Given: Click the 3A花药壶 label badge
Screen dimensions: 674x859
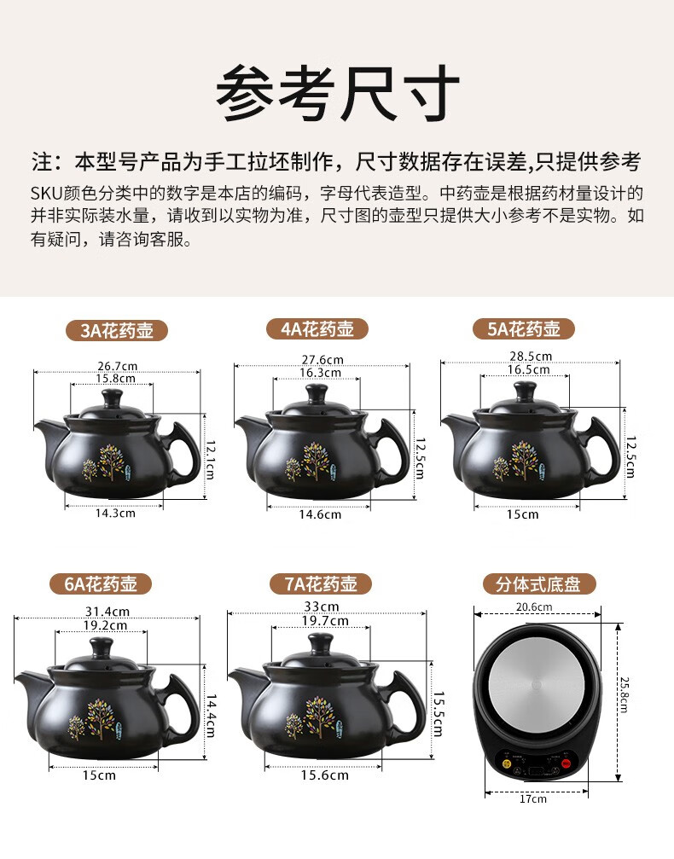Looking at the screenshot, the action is (x=117, y=330).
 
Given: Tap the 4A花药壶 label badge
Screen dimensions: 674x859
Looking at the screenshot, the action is (x=317, y=328).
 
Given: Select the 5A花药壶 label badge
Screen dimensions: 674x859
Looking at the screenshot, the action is (x=523, y=328).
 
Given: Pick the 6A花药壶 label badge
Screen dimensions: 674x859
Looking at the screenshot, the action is (x=101, y=584).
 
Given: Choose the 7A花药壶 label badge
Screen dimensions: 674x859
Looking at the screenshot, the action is (x=321, y=584).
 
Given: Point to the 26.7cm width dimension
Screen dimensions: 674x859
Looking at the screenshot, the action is (x=117, y=366).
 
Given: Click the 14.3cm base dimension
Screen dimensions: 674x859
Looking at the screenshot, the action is (x=115, y=514).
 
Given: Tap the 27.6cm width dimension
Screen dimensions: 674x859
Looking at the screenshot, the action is (x=322, y=360).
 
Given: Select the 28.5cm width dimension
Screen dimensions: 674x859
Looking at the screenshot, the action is (x=531, y=356).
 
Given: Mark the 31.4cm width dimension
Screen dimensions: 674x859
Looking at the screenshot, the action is (x=107, y=612).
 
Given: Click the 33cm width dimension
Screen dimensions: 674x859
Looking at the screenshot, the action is (x=321, y=607).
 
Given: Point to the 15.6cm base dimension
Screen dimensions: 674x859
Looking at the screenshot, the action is (x=324, y=775).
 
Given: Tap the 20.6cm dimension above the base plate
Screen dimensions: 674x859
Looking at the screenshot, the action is (x=534, y=607).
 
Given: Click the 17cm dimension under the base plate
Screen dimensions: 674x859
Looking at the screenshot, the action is (x=532, y=798).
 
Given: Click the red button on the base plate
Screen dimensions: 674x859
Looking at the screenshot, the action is (x=566, y=763).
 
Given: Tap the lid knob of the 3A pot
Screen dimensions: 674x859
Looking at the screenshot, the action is (x=113, y=398).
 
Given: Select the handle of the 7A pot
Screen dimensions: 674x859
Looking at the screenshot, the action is (x=406, y=704).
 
